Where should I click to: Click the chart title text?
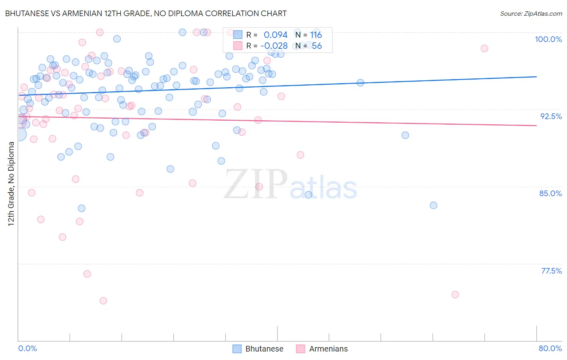146,13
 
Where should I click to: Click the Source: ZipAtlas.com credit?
531,13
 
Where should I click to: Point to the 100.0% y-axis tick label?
548,39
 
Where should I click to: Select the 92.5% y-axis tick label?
551,116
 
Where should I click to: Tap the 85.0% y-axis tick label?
550,193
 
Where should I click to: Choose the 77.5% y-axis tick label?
551,271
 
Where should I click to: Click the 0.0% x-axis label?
27,348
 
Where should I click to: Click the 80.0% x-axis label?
550,348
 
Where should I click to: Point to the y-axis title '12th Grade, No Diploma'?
11,184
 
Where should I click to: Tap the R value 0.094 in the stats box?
275,35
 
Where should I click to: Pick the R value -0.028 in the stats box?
274,46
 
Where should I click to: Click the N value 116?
316,35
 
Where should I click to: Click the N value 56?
317,46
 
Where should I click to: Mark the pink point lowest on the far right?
455,295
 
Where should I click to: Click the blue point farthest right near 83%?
434,205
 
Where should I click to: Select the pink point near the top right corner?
484,48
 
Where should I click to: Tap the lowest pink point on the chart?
103,301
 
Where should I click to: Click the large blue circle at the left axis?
19,134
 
